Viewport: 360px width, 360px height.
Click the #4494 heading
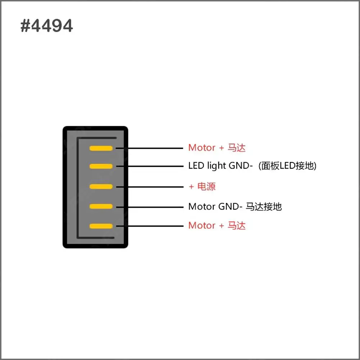47,26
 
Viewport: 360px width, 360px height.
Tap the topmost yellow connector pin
101,148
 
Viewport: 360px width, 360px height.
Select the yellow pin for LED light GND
101,166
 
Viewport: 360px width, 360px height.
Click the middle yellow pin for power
101,187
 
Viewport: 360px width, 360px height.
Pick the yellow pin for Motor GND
101,206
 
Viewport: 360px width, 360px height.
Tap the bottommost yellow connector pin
101,226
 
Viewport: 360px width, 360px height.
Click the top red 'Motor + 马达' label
217,148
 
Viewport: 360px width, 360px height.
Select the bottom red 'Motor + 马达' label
217,225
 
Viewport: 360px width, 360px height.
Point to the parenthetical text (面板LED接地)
287,166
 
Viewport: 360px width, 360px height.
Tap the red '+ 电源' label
202,187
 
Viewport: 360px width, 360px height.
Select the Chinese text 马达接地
264,206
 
